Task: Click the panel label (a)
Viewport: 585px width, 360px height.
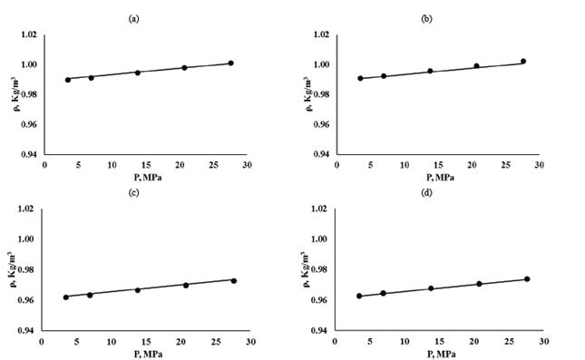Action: [x=147, y=18]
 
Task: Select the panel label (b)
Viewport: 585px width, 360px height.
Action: [x=439, y=18]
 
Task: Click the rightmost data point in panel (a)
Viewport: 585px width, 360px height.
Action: [x=231, y=63]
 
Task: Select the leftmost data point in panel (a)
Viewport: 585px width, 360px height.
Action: [x=68, y=80]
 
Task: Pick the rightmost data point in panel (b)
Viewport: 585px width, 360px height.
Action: [x=523, y=62]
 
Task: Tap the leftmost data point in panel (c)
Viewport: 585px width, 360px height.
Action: [x=65, y=297]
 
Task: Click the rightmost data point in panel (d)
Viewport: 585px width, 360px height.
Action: [x=527, y=279]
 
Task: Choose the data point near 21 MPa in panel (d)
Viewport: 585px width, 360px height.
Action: [x=479, y=284]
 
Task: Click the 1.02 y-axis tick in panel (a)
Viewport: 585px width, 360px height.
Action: [x=29, y=34]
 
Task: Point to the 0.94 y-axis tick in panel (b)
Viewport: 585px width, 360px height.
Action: [x=321, y=154]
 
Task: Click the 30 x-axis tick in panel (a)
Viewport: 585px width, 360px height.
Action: [x=247, y=166]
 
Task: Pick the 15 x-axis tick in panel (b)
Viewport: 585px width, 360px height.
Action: [x=437, y=166]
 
